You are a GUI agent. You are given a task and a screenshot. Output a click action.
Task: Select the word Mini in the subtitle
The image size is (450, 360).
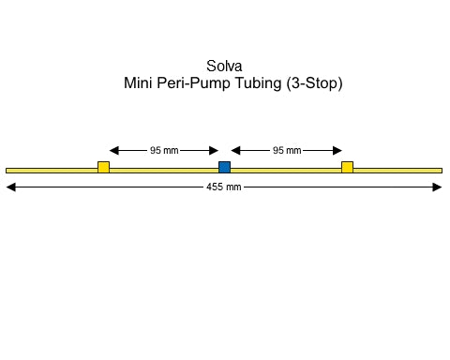pyautogui.click(x=139, y=83)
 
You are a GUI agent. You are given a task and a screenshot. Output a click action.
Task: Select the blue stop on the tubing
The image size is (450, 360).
pyautogui.click(x=224, y=167)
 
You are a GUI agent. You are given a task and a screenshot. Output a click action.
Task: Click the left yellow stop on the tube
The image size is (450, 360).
pyautogui.click(x=103, y=167)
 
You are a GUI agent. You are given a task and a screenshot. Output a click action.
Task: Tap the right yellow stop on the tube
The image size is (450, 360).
pyautogui.click(x=347, y=167)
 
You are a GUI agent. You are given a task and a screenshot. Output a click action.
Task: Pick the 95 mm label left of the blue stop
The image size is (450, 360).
pyautogui.click(x=164, y=150)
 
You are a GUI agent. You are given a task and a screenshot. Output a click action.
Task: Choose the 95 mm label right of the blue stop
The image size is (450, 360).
pyautogui.click(x=286, y=150)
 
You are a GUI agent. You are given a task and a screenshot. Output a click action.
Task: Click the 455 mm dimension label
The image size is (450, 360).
pyautogui.click(x=224, y=187)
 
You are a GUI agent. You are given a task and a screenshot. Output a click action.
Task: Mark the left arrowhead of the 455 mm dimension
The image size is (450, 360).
pyautogui.click(x=11, y=187)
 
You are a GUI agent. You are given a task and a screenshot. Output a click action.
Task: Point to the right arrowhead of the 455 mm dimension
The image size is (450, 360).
pyautogui.click(x=437, y=187)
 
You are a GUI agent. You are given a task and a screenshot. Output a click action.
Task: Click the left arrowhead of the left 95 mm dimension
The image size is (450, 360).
pyautogui.click(x=114, y=150)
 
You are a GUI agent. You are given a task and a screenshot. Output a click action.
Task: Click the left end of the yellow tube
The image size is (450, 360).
pyautogui.click(x=8, y=170)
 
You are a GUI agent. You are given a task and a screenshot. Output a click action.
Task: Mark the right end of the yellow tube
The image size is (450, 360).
pyautogui.click(x=440, y=170)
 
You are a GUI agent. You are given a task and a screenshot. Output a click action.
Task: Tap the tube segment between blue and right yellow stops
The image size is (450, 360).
pyautogui.click(x=286, y=170)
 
